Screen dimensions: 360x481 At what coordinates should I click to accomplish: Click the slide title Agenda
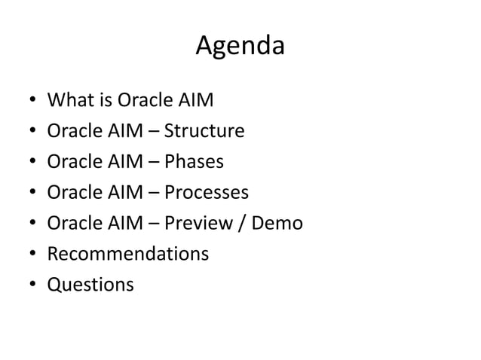coord(240,47)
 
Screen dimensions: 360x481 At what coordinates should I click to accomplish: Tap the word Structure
coord(204,131)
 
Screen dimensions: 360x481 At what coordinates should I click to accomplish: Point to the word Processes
coord(206,193)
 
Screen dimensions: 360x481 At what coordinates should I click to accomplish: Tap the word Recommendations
coord(128,254)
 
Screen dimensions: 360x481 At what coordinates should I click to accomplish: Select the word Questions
coord(90,285)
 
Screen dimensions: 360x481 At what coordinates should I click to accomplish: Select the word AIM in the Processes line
coord(130,193)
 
